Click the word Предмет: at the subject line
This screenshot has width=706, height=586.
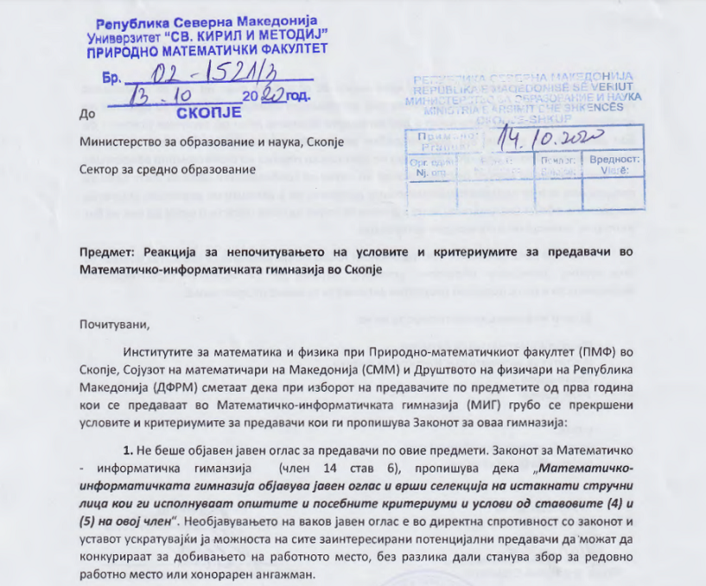[x=109, y=252]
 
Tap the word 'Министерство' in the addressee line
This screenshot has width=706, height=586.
[x=123, y=141]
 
